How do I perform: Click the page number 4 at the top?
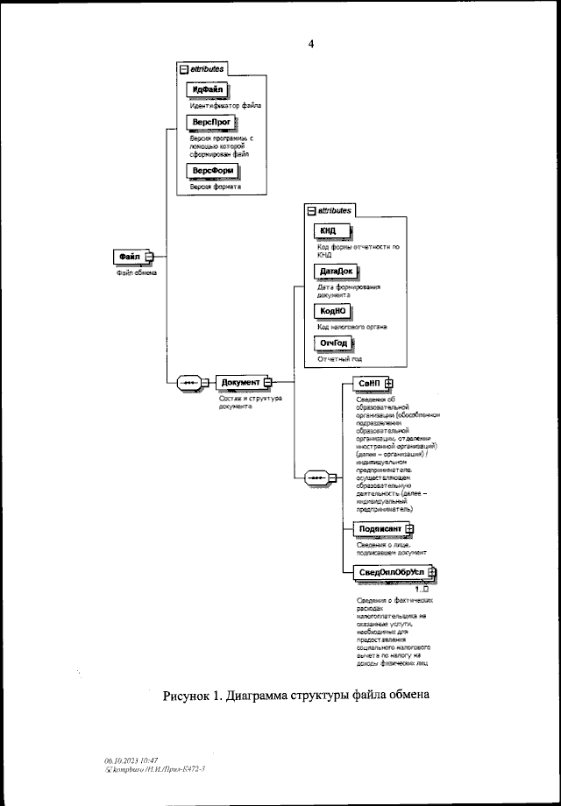(x=310, y=44)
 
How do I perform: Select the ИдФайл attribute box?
(x=208, y=91)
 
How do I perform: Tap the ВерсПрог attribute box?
(x=211, y=124)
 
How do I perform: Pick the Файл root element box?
(x=131, y=256)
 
